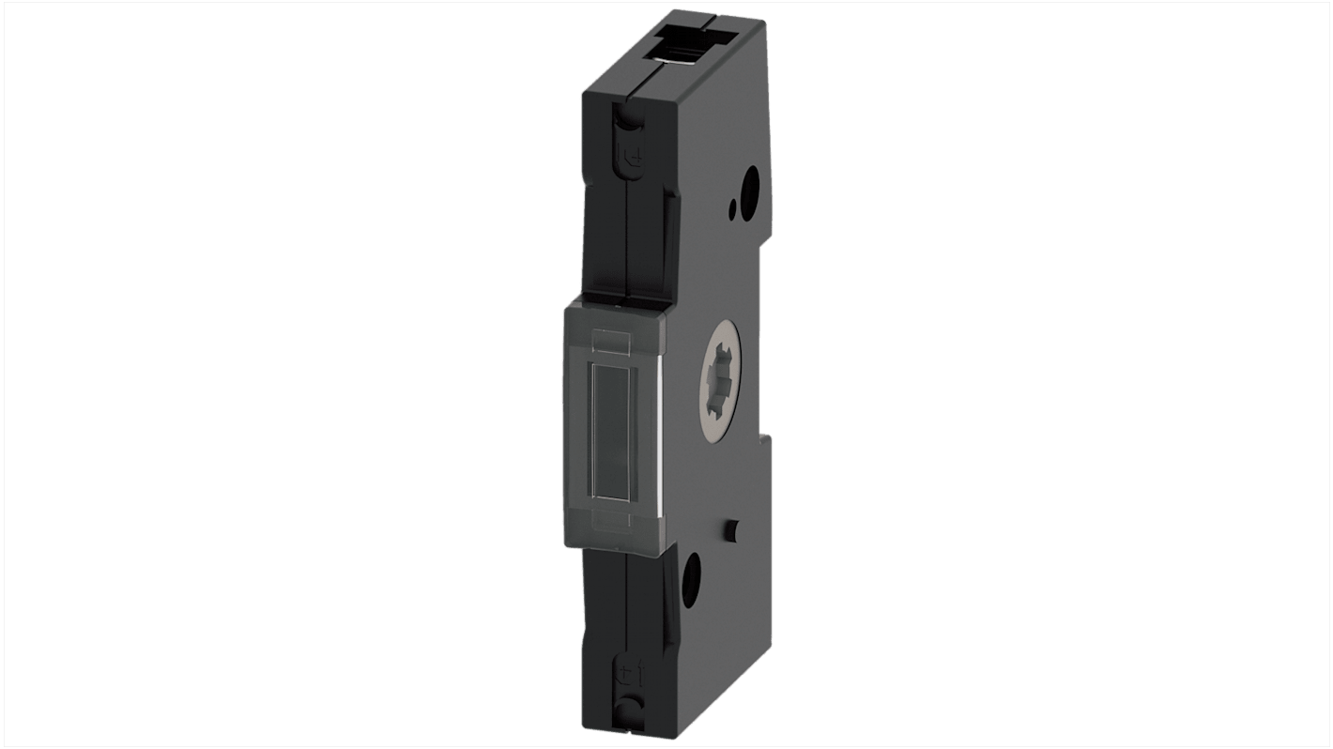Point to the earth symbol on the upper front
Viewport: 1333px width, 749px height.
[635, 159]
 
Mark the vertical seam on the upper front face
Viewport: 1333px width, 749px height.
[625, 235]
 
